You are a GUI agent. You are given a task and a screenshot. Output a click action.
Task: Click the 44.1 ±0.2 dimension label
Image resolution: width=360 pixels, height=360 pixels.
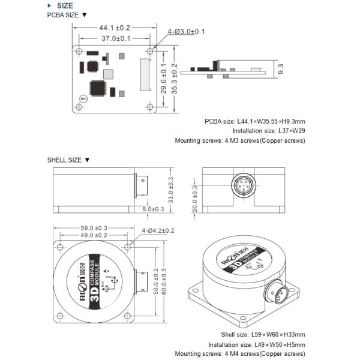[x=114, y=28]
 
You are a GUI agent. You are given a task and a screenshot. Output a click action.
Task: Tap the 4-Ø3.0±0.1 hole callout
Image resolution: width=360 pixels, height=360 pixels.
[x=187, y=31]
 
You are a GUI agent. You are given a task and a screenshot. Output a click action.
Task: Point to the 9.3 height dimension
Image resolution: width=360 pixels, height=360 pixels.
[x=281, y=69]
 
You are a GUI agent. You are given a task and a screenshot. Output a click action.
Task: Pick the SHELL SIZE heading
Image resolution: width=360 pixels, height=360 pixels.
[x=68, y=160]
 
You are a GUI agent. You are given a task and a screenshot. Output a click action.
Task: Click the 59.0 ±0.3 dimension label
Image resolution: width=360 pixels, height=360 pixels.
[x=94, y=228]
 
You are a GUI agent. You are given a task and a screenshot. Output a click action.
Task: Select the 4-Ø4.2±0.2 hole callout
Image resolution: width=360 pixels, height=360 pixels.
[x=158, y=230]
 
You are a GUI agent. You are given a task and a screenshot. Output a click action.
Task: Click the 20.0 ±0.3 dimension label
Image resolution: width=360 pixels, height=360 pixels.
[x=194, y=197]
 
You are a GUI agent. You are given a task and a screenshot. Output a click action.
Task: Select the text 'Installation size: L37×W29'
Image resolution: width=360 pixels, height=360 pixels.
[x=269, y=131]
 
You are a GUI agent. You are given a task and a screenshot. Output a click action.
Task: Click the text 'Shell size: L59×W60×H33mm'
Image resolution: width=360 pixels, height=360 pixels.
[x=263, y=334]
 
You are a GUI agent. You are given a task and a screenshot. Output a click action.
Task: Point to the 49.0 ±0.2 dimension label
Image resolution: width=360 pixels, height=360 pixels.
[x=94, y=236]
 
